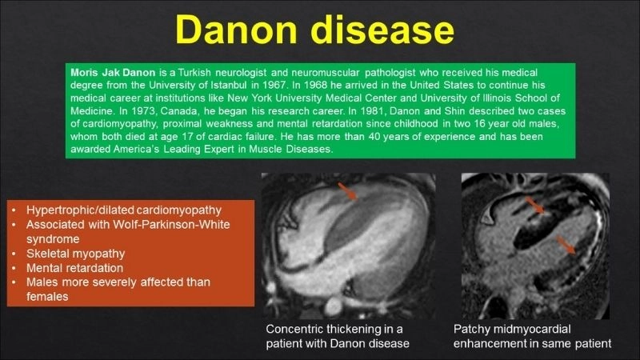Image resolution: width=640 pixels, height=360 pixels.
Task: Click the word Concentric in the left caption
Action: pyautogui.click(x=296, y=330)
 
